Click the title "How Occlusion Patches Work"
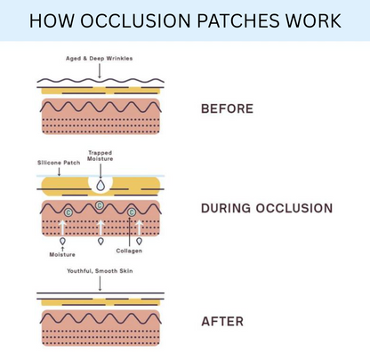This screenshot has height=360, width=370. coord(185,20)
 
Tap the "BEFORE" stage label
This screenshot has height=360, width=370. coord(227,108)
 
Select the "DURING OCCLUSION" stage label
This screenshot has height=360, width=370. coord(267,209)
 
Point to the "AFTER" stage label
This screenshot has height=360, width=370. coord(221,322)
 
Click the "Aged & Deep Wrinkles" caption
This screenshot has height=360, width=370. coord(100,59)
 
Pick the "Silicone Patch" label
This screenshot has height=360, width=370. coord(59,164)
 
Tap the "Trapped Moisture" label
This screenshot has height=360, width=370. coord(100,157)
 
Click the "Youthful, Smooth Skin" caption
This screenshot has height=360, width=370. coord(100,270)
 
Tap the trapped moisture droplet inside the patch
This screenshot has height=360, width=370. coord(100,186)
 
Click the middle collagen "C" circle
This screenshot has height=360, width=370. coord(100,206)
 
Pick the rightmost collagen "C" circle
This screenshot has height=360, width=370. coord(132,213)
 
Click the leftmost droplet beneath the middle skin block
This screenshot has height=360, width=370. coord(61,240)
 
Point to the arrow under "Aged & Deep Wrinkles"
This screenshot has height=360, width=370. coord(100,73)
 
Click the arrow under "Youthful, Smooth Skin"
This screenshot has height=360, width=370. coord(100,284)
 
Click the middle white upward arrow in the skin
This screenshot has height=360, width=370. coord(100,226)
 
